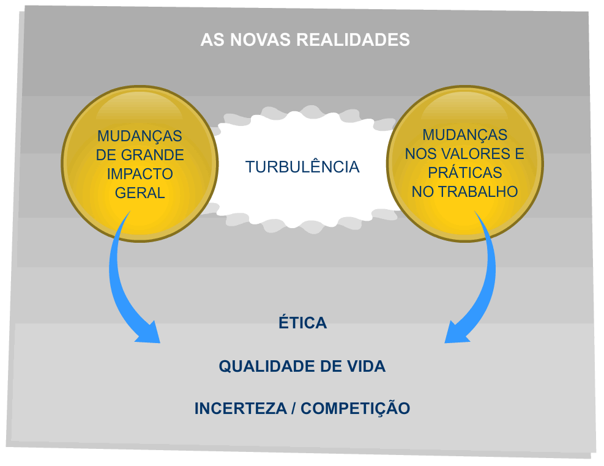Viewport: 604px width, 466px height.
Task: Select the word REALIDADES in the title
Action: tap(353, 40)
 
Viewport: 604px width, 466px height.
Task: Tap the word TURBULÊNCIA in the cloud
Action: tap(302, 167)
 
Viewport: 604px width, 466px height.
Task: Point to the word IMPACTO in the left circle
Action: tap(140, 174)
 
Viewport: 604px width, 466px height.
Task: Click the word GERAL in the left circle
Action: tap(140, 193)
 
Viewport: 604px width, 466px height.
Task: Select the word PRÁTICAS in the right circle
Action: tap(465, 172)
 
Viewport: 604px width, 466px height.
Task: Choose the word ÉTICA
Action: tap(302, 323)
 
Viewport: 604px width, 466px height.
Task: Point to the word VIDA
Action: tap(365, 367)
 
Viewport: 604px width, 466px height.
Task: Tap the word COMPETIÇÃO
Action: tap(356, 409)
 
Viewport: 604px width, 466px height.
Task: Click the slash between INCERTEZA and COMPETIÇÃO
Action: tap(292, 409)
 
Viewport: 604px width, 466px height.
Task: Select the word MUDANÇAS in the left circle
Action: tap(140, 136)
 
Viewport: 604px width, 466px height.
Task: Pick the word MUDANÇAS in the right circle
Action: tap(465, 135)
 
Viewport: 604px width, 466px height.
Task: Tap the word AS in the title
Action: tap(211, 40)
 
